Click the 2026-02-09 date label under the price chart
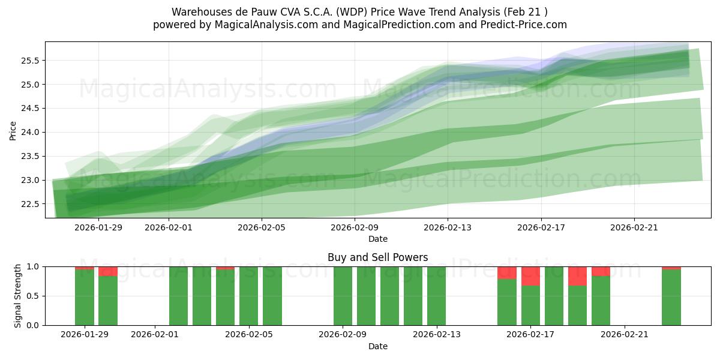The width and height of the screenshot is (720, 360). [x=355, y=227]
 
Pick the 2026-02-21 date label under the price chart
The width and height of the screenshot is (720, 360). [x=634, y=227]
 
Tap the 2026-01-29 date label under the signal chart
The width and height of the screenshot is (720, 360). [x=85, y=335]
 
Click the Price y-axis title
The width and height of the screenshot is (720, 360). [x=13, y=130]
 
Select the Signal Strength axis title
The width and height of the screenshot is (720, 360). [x=18, y=296]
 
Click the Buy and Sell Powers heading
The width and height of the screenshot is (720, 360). [x=377, y=257]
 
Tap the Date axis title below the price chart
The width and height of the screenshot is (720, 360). [x=377, y=239]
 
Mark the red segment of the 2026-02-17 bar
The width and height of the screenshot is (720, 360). [x=530, y=276]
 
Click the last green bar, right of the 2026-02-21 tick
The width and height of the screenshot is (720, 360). [x=671, y=298]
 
